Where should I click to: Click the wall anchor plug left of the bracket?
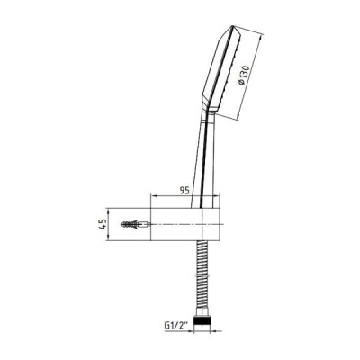(134, 222)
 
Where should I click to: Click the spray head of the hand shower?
(225, 72)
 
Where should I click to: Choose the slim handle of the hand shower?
(208, 162)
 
